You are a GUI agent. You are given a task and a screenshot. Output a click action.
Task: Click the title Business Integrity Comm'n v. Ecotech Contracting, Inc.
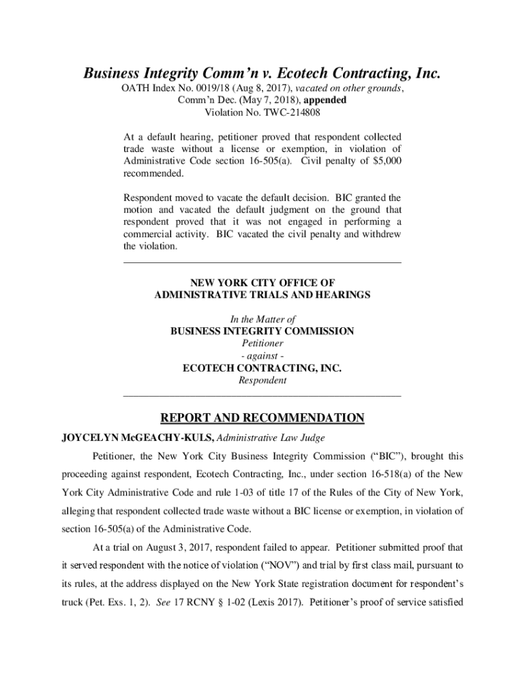click(x=262, y=73)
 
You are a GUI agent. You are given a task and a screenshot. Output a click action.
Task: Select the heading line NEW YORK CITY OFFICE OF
click(x=262, y=282)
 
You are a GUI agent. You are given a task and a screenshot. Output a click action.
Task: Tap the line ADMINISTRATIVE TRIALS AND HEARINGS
click(x=262, y=294)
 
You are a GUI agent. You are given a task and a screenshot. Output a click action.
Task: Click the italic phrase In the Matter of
click(x=262, y=319)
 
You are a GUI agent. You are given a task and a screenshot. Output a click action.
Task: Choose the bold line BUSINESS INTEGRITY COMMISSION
click(x=262, y=331)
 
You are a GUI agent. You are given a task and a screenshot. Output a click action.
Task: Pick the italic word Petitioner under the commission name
click(x=262, y=344)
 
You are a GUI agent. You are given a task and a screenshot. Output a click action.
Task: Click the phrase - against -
click(x=262, y=356)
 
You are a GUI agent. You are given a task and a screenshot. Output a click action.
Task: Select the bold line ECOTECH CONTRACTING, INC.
click(x=262, y=368)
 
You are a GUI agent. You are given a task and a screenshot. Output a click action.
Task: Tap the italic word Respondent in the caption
click(x=262, y=380)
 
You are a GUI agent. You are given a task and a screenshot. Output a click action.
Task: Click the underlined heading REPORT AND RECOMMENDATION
click(x=262, y=418)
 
